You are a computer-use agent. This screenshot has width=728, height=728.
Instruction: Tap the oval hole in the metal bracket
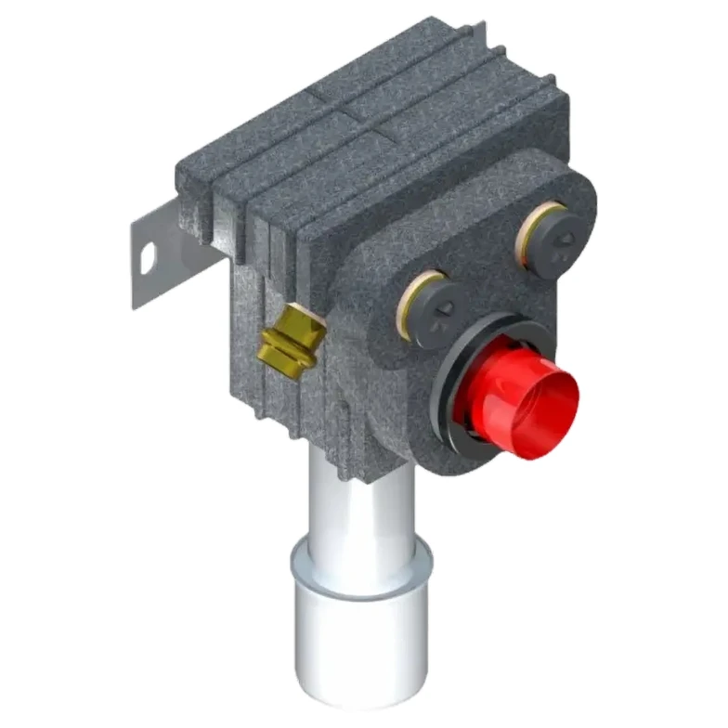click(x=147, y=258)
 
